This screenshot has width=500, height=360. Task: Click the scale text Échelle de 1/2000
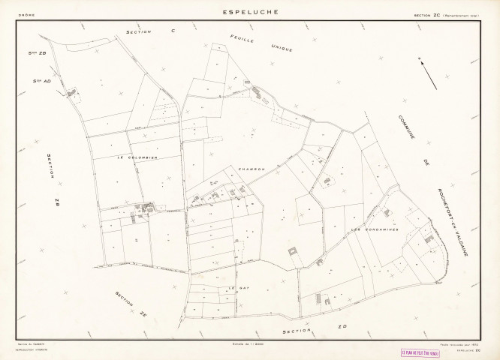click(251, 343)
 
